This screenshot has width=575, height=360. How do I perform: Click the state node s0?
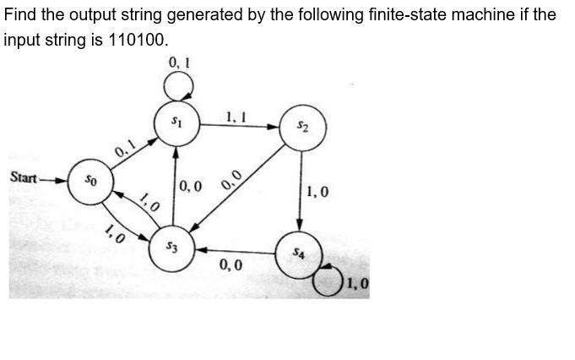pyautogui.click(x=90, y=180)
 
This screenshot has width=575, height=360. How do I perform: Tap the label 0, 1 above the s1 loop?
pyautogui.click(x=179, y=62)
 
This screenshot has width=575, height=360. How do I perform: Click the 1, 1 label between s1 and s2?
pyautogui.click(x=236, y=117)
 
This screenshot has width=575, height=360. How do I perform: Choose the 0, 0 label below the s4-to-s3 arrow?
pyautogui.click(x=231, y=266)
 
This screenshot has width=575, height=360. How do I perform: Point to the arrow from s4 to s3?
pyautogui.click(x=236, y=251)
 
